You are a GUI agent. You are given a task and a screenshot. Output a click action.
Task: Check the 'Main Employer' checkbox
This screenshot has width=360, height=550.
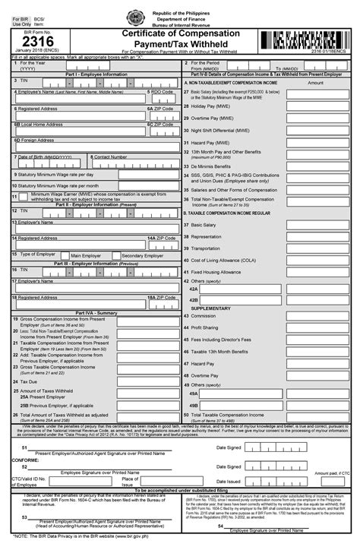(x=67, y=255)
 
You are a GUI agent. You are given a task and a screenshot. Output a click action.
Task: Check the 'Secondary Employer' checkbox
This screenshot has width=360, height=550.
(x=116, y=255)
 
